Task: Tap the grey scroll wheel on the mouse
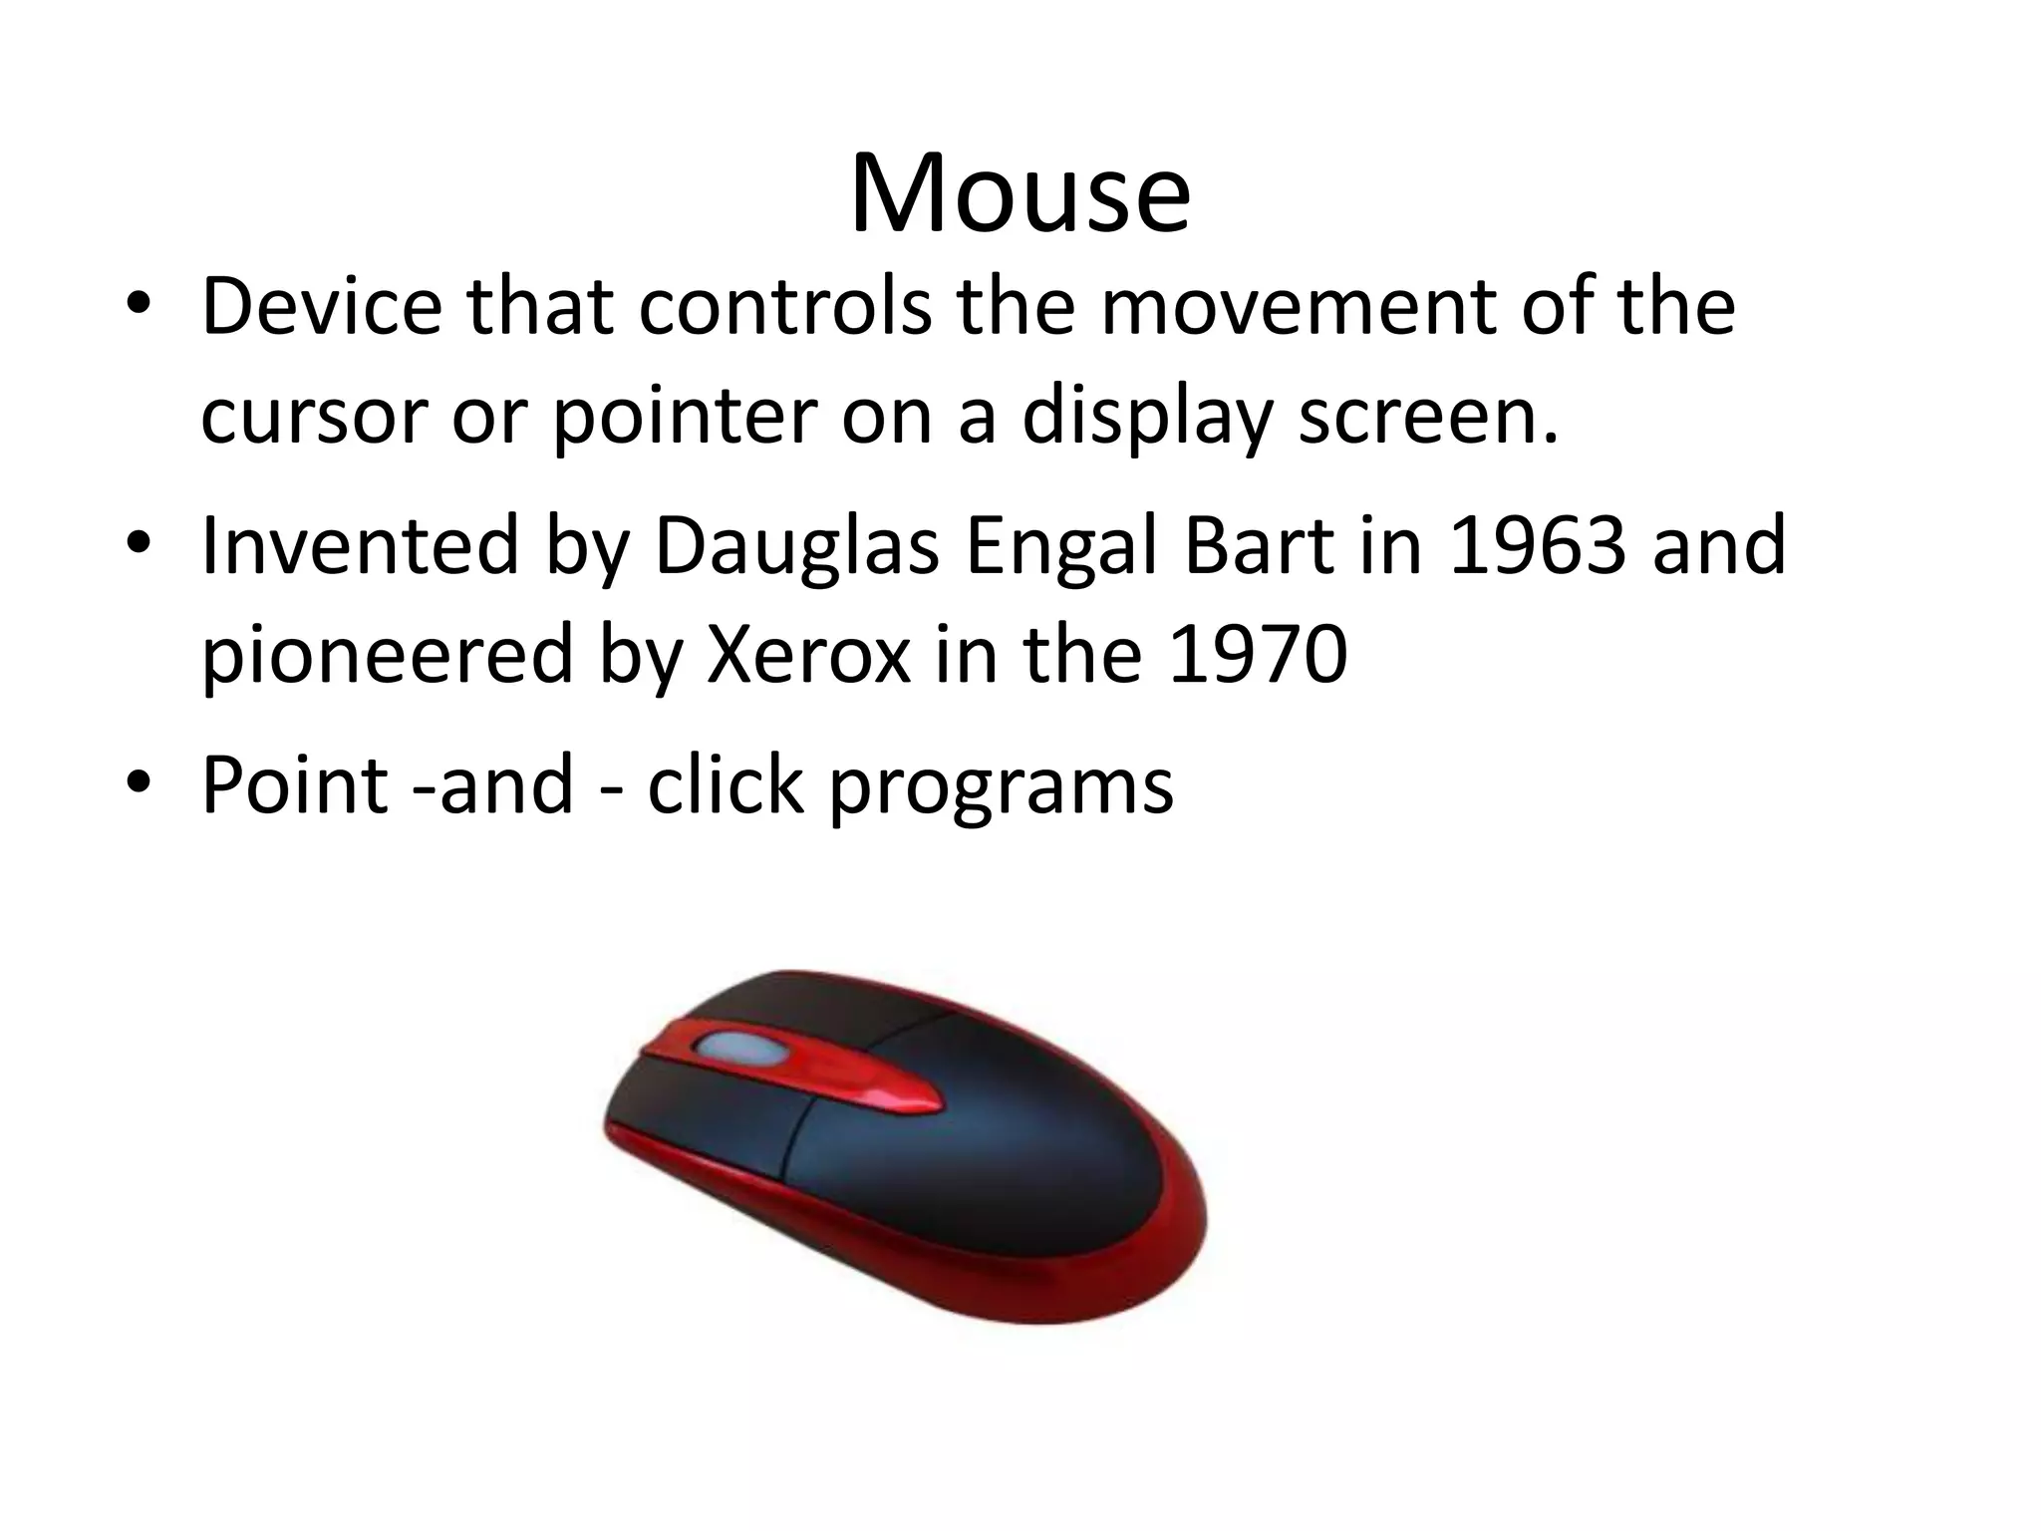point(735,1049)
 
